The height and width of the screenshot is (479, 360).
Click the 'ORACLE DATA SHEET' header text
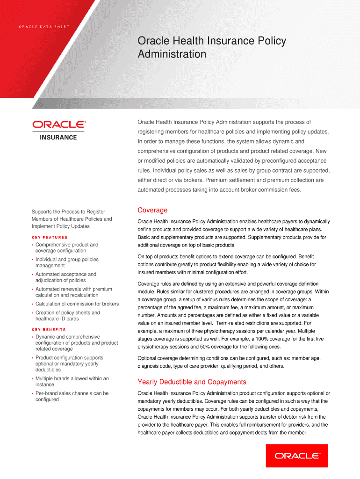44,26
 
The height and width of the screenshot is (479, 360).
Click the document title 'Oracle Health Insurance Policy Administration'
211,48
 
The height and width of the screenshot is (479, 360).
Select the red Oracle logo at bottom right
296,455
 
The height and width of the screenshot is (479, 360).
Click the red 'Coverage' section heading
152,210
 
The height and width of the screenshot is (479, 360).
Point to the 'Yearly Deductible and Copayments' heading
192,382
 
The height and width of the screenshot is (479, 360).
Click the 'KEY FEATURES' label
50,237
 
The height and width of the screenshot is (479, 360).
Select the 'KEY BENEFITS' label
49,329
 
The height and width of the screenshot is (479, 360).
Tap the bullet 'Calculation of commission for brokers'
77,304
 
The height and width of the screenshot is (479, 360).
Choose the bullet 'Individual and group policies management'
66,262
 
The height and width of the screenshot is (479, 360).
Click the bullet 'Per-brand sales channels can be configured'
72,396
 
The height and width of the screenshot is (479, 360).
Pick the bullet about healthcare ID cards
67,316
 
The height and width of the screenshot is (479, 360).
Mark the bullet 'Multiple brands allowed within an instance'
72,381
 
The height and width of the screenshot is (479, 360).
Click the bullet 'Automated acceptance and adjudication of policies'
65,277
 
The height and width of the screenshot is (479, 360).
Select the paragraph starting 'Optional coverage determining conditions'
229,362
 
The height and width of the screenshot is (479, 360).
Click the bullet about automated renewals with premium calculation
73,292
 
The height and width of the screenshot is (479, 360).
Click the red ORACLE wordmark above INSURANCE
58,124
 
